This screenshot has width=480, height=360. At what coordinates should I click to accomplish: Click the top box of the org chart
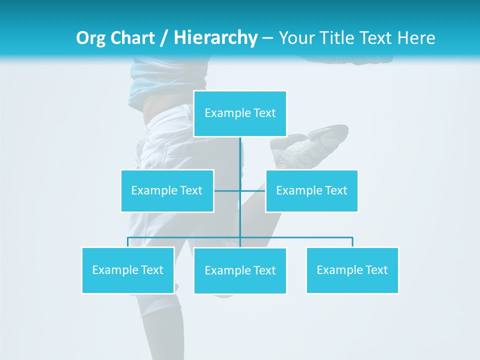click(x=240, y=113)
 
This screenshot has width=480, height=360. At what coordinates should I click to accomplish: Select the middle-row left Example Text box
click(x=167, y=190)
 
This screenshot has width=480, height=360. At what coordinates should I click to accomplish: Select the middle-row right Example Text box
click(x=311, y=190)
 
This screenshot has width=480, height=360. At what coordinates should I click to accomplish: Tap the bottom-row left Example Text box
click(x=128, y=270)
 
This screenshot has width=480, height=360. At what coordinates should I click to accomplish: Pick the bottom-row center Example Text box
click(x=240, y=270)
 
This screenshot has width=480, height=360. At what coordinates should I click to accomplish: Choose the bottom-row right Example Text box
click(x=352, y=270)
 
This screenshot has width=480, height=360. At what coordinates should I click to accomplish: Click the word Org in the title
click(x=91, y=38)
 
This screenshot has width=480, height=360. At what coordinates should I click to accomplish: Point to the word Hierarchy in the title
click(x=215, y=38)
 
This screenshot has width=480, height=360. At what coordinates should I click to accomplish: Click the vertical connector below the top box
click(x=240, y=160)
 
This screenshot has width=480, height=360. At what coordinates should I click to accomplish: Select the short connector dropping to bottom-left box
click(x=128, y=242)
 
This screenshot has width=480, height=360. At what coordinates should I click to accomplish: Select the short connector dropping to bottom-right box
click(x=352, y=242)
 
